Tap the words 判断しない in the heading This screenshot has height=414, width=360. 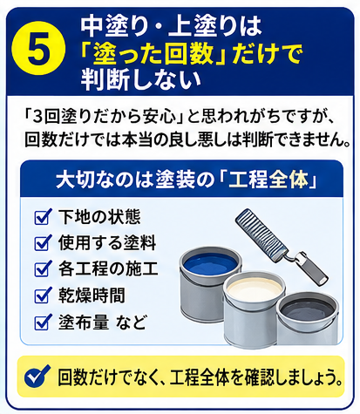point(141,79)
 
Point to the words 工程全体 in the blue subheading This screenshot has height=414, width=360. point(268,180)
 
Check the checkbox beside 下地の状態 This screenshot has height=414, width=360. point(43,217)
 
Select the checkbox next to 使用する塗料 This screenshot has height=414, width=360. point(43,243)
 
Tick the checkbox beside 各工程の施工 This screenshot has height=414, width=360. point(43,269)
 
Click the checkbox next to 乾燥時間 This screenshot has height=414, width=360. point(43,295)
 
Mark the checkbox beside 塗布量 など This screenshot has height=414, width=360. point(43,322)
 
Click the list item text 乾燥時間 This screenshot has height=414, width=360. point(92,295)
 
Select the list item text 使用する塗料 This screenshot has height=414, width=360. point(107,243)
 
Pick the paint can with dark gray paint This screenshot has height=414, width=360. point(308,320)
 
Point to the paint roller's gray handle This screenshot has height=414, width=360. point(313,268)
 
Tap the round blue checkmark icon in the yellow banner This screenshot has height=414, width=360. point(37,377)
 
